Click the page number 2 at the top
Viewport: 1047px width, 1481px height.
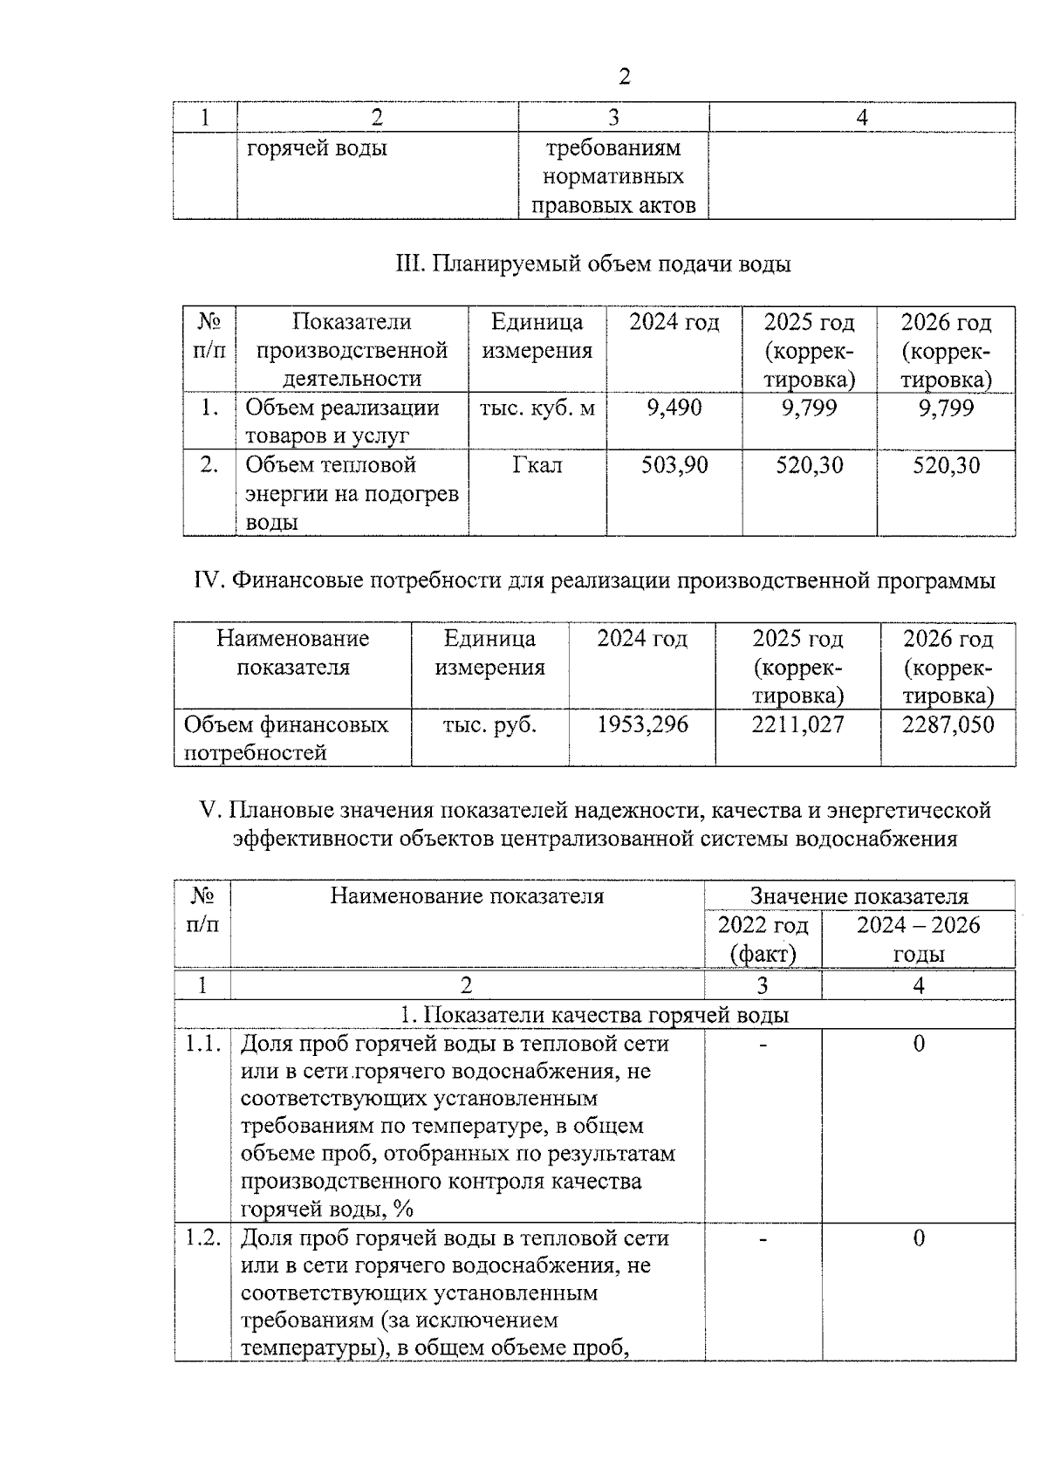click(x=624, y=77)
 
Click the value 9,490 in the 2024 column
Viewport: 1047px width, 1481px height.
click(x=674, y=408)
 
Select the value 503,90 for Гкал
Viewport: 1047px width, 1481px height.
click(x=674, y=465)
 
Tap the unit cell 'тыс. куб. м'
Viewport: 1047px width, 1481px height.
click(x=537, y=408)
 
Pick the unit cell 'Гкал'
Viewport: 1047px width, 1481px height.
click(x=537, y=465)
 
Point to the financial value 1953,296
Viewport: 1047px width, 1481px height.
click(x=642, y=724)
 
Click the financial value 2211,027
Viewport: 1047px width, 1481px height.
click(x=797, y=724)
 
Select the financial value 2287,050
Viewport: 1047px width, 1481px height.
click(x=948, y=724)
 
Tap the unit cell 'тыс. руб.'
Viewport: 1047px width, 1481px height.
click(x=489, y=724)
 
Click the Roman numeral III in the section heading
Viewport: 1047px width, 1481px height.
click(x=409, y=264)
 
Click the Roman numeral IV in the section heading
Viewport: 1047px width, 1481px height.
click(x=209, y=580)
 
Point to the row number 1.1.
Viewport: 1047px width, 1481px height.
click(x=202, y=1044)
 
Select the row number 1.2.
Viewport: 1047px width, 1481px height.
click(x=202, y=1238)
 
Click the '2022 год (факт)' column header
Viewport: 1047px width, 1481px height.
click(x=763, y=939)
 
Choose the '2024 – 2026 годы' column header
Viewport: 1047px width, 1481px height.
click(x=918, y=939)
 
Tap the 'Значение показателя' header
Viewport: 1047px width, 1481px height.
click(x=859, y=896)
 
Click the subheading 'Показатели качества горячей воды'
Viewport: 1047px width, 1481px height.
click(x=606, y=1015)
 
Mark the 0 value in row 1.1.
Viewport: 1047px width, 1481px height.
click(x=918, y=1044)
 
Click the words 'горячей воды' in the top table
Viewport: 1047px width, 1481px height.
click(x=317, y=148)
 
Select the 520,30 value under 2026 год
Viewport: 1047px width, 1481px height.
click(x=946, y=465)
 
